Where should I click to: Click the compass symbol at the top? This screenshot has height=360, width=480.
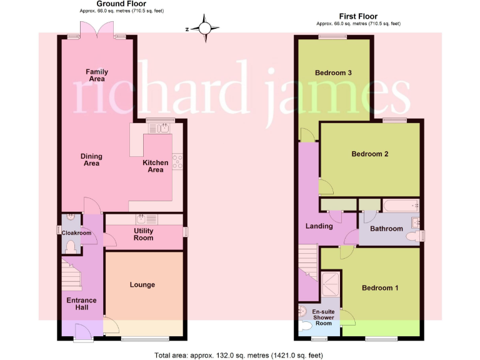point(205,28)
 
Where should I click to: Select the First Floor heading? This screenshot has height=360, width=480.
point(358,16)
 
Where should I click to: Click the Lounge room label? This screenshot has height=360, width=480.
point(142,285)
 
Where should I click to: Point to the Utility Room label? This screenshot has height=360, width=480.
point(143,234)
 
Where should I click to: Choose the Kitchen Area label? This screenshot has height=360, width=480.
point(156,166)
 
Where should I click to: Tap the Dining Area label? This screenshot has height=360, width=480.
point(91,160)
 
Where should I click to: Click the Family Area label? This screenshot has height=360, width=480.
point(96,75)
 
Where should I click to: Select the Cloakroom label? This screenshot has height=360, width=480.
point(76,233)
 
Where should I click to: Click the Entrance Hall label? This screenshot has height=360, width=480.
point(81,304)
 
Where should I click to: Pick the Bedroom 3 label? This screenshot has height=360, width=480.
point(333,73)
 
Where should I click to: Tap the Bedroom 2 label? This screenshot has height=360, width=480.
point(370,154)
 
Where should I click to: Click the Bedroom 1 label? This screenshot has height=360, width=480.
point(380,288)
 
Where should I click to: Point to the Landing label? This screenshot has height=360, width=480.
point(319,226)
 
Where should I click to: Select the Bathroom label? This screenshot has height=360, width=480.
point(386,229)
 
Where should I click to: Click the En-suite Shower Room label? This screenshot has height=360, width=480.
point(322,317)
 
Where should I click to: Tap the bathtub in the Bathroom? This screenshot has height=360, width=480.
point(399,204)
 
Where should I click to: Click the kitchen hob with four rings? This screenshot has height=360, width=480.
point(177,161)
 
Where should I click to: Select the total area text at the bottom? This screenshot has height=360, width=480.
point(239,355)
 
